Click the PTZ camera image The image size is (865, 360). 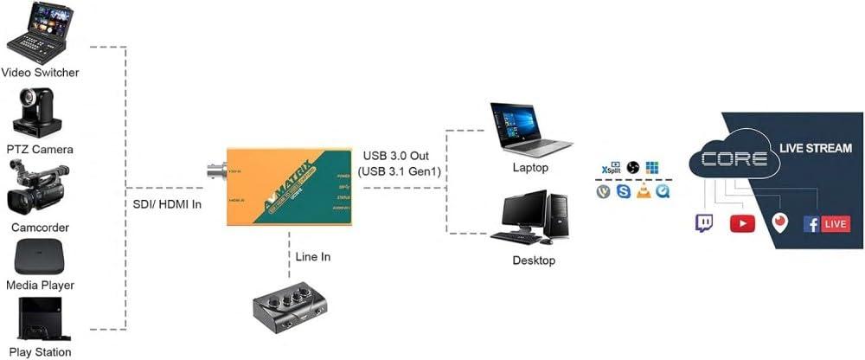pos(39,111)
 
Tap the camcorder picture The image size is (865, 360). pos(39,189)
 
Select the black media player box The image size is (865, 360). pos(40,257)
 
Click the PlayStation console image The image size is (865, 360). pos(40,318)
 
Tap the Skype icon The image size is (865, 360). pos(624,191)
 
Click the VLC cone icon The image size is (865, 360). pos(643,191)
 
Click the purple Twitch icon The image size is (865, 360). pos(705,223)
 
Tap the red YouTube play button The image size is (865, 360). pos(742,223)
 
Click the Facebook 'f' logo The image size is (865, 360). pos(811,223)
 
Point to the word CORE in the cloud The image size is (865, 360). pos(734,159)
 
